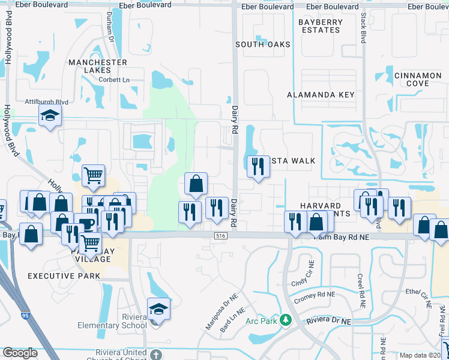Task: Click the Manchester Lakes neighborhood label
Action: click(98, 67)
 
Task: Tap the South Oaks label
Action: click(263, 44)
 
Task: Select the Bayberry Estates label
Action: click(321, 26)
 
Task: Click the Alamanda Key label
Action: click(321, 95)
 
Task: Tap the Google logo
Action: click(20, 353)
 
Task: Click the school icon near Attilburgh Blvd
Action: click(50, 116)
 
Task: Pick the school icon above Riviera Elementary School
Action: click(159, 308)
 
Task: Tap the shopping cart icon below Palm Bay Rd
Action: click(90, 243)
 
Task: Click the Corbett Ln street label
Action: click(115, 80)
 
